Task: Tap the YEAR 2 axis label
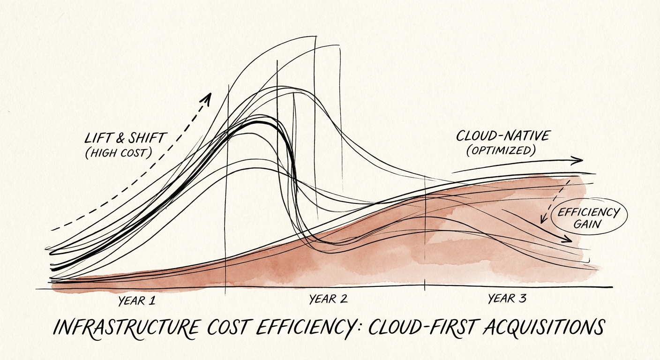[329, 299]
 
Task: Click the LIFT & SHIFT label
[126, 138]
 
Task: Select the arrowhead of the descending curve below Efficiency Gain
[569, 240]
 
